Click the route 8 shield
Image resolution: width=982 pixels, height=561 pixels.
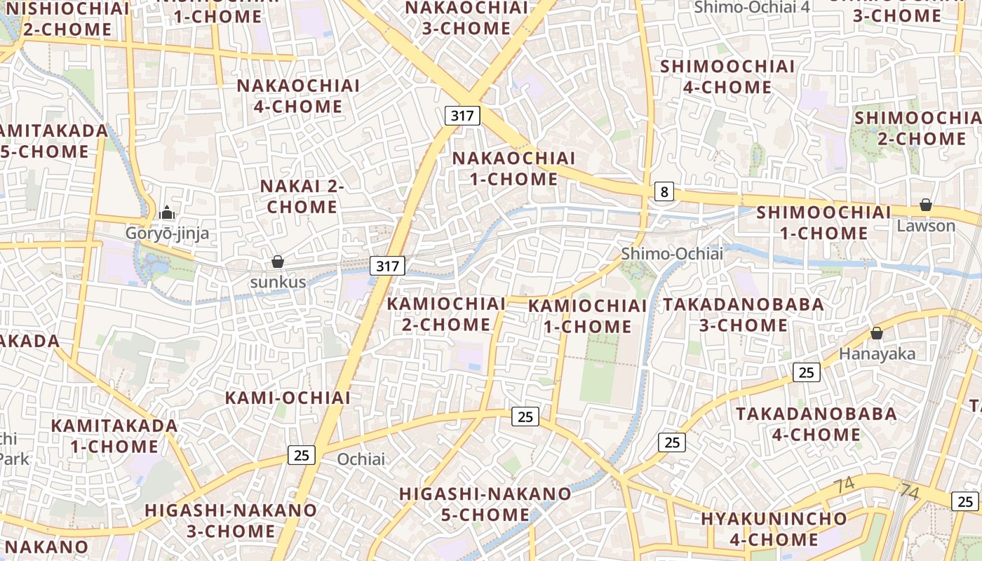[664, 191]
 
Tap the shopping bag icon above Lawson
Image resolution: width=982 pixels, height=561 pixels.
[926, 205]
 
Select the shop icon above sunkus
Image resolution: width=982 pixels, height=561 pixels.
[278, 262]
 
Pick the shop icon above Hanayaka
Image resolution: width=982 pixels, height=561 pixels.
[876, 333]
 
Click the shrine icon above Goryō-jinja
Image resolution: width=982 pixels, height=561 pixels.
[167, 212]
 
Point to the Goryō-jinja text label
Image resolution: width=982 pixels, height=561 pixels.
[167, 234]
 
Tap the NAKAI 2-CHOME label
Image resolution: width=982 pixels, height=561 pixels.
[302, 196]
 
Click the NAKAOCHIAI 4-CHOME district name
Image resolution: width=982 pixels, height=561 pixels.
[289, 96]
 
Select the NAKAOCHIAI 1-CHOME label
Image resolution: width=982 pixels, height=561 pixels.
[513, 168]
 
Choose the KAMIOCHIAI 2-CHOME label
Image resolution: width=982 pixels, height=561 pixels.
[446, 314]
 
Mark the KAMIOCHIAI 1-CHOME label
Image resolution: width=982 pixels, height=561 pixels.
[587, 316]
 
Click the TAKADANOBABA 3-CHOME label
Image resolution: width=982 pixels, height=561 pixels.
[744, 315]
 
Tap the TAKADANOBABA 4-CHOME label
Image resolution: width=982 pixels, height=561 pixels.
[816, 424]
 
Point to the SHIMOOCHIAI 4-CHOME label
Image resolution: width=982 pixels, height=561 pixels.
[727, 76]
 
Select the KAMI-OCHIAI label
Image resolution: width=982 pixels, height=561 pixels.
[288, 398]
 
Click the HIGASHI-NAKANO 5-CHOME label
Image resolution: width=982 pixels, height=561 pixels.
[485, 504]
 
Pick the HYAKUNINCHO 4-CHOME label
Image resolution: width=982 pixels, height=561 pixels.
[774, 529]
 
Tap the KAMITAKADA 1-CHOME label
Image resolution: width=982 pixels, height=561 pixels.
[114, 435]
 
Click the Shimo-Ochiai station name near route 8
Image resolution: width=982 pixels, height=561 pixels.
[671, 254]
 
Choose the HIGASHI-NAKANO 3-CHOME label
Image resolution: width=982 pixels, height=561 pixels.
[231, 520]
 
